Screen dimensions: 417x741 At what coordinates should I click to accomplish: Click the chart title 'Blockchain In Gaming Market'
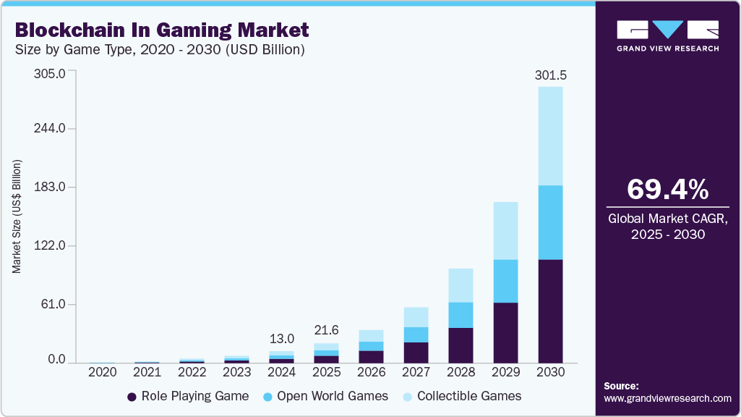161,30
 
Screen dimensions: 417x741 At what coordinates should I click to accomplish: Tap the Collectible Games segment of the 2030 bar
550,136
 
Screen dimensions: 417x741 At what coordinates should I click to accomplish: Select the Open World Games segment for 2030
550,222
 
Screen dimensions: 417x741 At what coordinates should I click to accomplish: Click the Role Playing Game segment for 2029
505,332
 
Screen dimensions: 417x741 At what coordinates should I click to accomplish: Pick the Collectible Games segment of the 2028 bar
461,285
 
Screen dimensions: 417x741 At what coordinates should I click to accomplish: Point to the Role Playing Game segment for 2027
416,352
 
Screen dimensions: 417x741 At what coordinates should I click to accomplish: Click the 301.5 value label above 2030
550,75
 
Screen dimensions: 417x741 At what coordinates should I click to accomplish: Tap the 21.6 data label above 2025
326,330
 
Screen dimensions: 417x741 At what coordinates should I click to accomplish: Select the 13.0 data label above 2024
281,339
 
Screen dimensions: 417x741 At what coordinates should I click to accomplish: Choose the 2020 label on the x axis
102,372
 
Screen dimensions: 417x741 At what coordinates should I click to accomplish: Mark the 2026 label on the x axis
371,372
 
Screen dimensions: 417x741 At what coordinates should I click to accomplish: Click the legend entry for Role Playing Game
188,396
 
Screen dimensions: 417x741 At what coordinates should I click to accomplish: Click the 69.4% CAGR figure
667,189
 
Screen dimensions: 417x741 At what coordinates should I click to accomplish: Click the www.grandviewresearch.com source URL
667,398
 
